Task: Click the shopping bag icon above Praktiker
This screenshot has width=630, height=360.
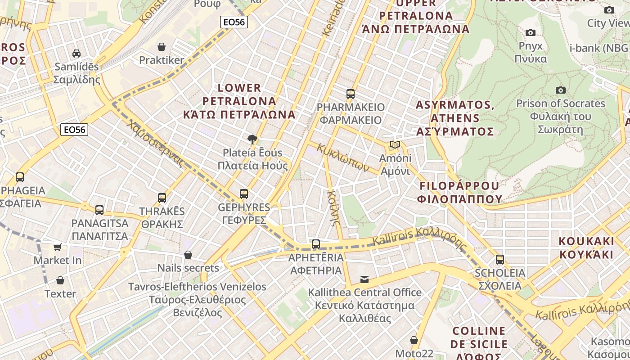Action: (x=162, y=47)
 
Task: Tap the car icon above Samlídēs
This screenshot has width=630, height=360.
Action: (x=76, y=54)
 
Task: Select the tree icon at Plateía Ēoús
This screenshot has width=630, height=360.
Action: (x=252, y=139)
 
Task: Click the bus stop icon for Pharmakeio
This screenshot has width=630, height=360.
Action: (x=351, y=94)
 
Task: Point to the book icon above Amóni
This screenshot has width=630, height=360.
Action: (x=395, y=145)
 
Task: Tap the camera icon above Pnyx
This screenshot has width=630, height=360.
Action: (x=531, y=32)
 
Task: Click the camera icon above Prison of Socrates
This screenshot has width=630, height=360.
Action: (x=560, y=90)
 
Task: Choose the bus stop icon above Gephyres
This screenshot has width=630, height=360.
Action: (x=244, y=194)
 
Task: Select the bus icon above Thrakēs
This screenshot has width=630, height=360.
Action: (x=162, y=198)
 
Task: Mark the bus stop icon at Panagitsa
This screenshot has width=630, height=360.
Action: (x=99, y=210)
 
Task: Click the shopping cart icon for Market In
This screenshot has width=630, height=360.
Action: (x=58, y=247)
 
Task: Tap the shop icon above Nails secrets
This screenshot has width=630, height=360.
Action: (x=188, y=255)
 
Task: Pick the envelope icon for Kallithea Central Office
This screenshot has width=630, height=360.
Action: (x=364, y=279)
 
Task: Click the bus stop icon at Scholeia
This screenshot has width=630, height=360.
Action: (x=499, y=260)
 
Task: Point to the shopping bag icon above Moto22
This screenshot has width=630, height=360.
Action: (x=414, y=340)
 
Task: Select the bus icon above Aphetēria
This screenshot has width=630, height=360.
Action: (x=316, y=244)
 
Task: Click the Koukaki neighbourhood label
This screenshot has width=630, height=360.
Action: (x=586, y=247)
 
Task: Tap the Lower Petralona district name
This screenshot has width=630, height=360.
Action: (x=239, y=101)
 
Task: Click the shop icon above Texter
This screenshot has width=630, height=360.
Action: (x=60, y=281)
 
